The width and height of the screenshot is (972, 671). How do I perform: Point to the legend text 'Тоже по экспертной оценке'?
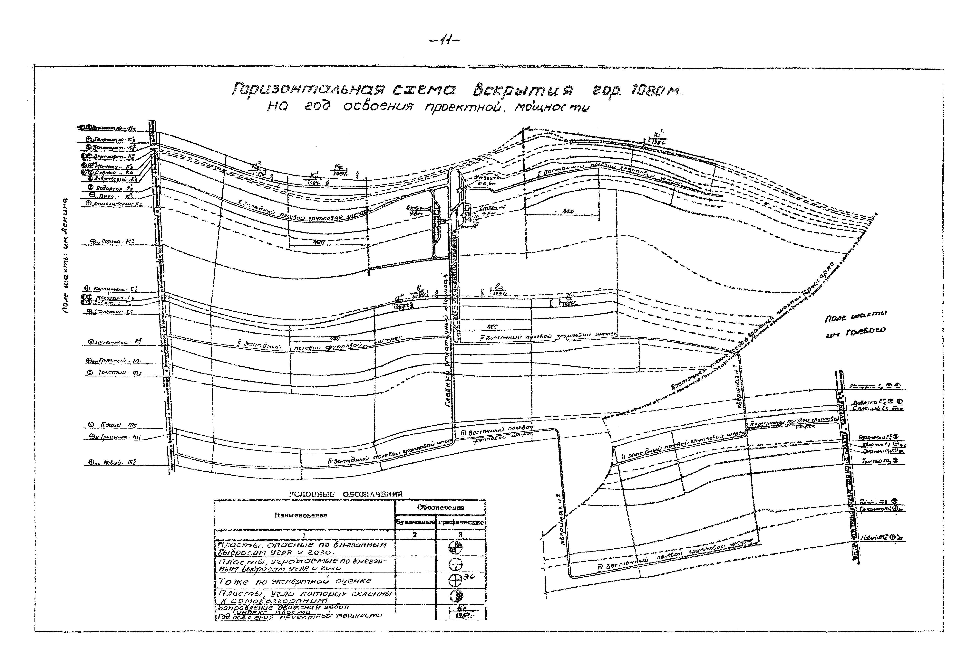tap(294, 581)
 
